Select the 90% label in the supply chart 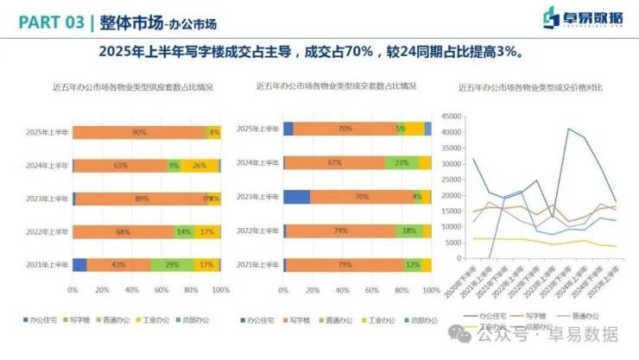tap(139, 133)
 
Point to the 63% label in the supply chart tap(121, 166)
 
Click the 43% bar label tap(118, 265)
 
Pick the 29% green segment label tap(173, 265)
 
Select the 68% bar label tap(123, 232)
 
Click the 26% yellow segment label tap(199, 166)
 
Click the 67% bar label tap(335, 162)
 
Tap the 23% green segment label tap(401, 162)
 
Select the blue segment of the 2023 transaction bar tap(296, 197)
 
